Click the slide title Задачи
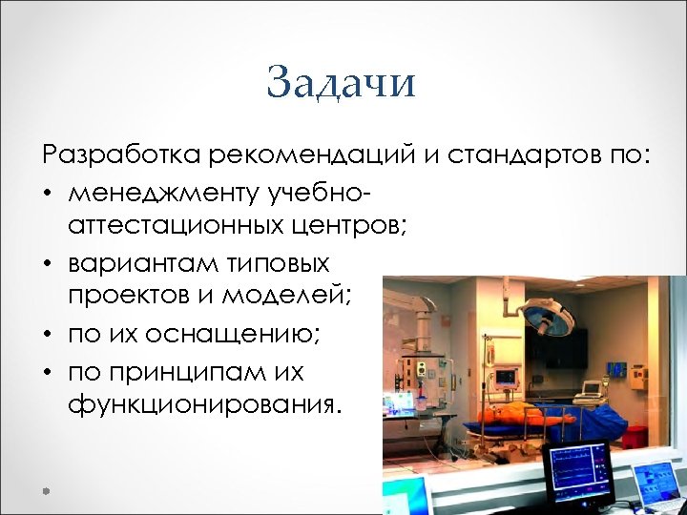342,83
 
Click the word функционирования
201,405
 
